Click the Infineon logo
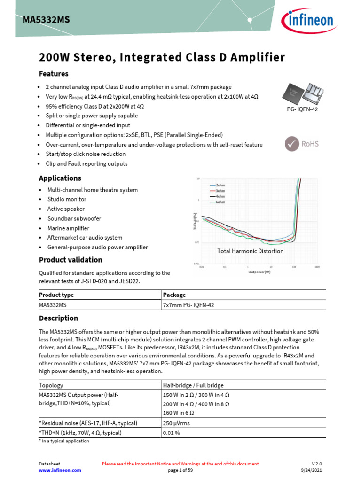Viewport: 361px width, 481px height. (308, 21)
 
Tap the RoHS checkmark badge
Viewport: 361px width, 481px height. (301, 144)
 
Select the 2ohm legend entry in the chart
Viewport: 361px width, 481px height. (220, 185)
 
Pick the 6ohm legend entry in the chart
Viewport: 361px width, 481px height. (220, 202)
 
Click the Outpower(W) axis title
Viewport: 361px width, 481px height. (259, 272)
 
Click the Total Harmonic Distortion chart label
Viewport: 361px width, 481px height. (250, 251)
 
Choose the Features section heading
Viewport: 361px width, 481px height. (54, 74)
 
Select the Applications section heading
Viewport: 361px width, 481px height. (60, 178)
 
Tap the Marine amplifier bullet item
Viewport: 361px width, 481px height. (68, 228)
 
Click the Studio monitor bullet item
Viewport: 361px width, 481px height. (67, 199)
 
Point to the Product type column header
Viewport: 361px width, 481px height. (56, 295)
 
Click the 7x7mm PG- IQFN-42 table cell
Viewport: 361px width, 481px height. (189, 305)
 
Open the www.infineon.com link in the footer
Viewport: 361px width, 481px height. (60, 470)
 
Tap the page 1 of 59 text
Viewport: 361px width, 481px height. (180, 470)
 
